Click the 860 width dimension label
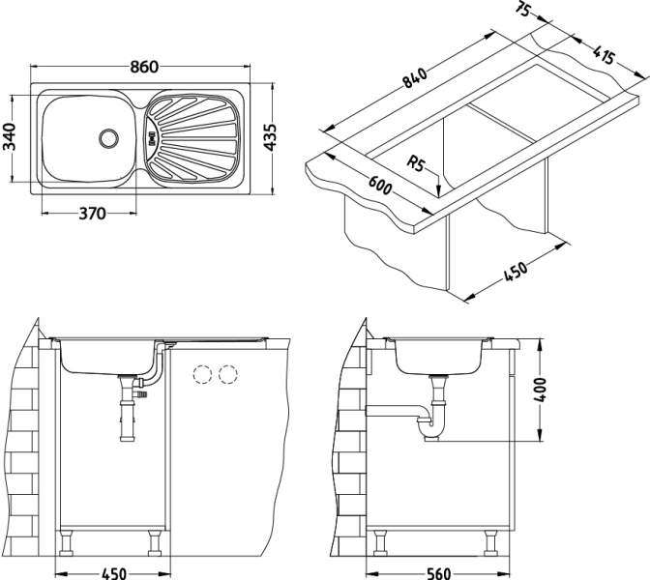pos(143,67)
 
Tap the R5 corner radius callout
pos(418,163)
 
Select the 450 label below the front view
pos(114,571)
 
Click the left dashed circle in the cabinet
pos(202,372)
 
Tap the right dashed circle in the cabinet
pos(229,372)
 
